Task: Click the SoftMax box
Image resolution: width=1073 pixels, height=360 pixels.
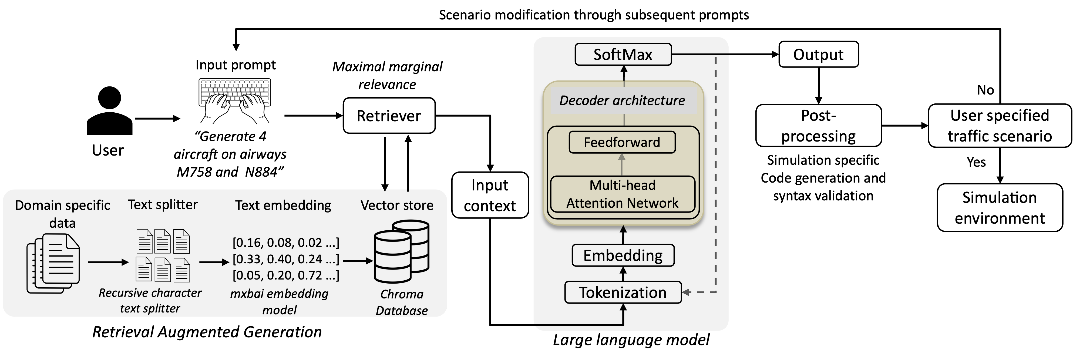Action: [x=623, y=55]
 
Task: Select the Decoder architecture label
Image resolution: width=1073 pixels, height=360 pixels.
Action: [x=622, y=100]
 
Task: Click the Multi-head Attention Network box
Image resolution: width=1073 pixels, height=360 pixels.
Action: [x=622, y=194]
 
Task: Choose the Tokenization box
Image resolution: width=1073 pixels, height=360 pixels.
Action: [x=623, y=292]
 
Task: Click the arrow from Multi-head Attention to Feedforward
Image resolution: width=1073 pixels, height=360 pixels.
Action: [x=622, y=164]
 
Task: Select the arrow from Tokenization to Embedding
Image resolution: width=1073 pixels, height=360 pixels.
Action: [x=623, y=274]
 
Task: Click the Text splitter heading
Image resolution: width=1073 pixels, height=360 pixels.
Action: [x=163, y=205]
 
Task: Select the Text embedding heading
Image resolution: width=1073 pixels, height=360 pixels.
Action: [x=283, y=205]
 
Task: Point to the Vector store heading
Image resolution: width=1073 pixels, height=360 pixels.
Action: [x=397, y=205]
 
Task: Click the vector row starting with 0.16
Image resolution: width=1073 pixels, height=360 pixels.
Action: [x=286, y=243]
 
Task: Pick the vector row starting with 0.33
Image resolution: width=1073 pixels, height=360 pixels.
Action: [x=286, y=259]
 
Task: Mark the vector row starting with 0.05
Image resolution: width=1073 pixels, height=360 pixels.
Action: [x=286, y=275]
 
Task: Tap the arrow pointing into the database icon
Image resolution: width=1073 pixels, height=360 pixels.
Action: [x=358, y=261]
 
